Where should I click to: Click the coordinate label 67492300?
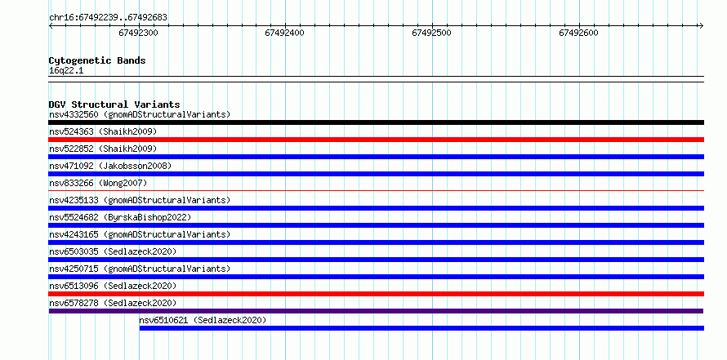click(138, 33)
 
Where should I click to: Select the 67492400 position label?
click(285, 33)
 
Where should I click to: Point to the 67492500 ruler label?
click(431, 33)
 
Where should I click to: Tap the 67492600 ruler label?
click(578, 33)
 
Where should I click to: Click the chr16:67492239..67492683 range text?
click(108, 18)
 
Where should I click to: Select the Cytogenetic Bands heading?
click(97, 60)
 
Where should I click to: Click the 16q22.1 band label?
click(66, 71)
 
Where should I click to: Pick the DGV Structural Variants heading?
click(114, 104)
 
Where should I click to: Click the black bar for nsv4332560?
click(376, 122)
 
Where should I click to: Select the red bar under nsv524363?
click(376, 140)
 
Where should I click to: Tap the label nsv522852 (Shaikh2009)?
click(103, 149)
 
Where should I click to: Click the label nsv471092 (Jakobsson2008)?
click(110, 166)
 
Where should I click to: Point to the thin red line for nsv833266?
click(376, 190)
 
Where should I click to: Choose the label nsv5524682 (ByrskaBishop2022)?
click(120, 217)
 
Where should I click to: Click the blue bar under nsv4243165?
click(376, 242)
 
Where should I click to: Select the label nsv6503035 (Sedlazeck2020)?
click(113, 251)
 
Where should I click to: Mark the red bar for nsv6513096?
click(376, 294)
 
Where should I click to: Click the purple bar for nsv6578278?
click(376, 311)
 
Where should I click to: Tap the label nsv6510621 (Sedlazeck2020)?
click(203, 320)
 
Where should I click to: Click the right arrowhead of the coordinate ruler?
click(702, 25)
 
